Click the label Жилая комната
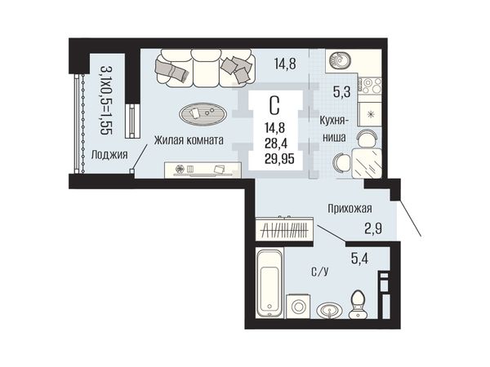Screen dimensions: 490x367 tap(189, 140)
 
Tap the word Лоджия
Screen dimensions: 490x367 tap(109, 154)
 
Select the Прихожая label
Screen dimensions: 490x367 tap(350, 208)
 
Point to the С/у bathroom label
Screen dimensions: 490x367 tap(320, 272)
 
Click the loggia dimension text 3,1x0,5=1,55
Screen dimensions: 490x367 tap(106, 100)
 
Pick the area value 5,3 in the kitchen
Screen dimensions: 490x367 tap(341, 92)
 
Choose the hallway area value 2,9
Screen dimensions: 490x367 tap(373, 229)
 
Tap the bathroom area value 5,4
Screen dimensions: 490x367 tap(359, 259)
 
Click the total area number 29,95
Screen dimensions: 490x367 tap(279, 159)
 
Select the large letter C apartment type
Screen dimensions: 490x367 tap(274, 105)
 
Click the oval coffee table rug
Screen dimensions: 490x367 tap(203, 114)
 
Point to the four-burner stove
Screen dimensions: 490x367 tap(370, 86)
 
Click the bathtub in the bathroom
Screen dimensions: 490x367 tap(269, 283)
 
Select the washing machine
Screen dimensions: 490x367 tap(298, 306)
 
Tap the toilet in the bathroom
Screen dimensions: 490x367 tap(359, 304)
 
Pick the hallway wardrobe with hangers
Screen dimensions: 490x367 tap(284, 229)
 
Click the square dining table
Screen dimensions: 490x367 tap(367, 163)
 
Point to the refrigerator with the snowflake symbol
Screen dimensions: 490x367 tap(370, 114)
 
